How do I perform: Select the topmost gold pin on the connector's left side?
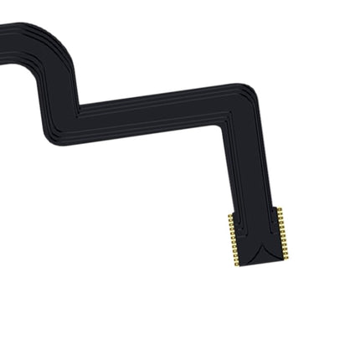230,216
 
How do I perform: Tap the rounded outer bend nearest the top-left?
64,37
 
